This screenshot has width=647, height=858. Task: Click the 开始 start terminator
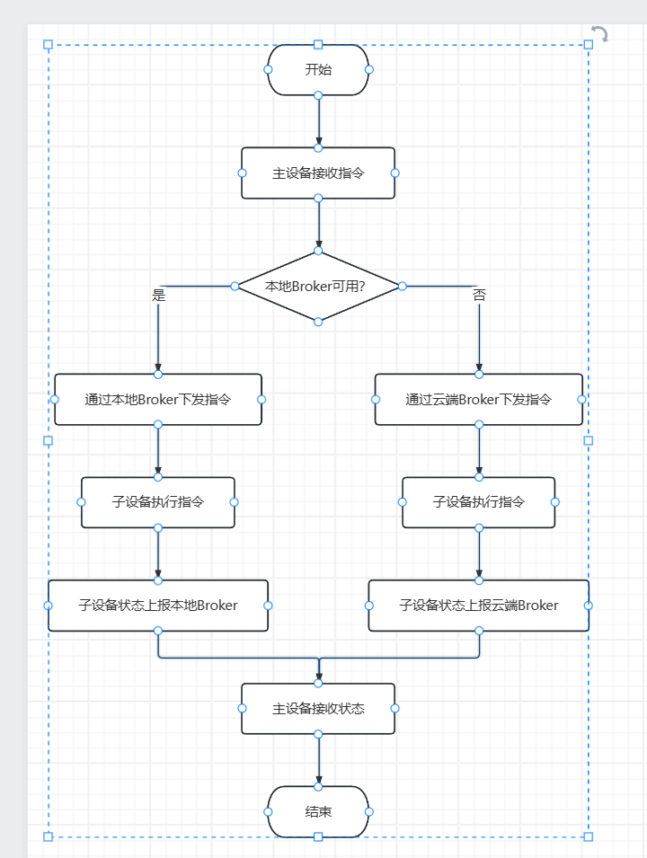[318, 69]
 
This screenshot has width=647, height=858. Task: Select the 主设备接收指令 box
[318, 173]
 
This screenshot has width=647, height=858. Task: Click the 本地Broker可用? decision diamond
[318, 287]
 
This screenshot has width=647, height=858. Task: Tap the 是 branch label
[159, 296]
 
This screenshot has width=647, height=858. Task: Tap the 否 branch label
[479, 296]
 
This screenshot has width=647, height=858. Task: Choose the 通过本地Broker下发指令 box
[158, 399]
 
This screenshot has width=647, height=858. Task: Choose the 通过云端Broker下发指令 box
[478, 399]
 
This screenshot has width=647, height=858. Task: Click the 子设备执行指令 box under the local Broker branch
[158, 502]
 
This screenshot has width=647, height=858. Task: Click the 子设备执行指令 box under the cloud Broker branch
[478, 502]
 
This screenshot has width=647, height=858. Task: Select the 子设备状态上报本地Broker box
[158, 606]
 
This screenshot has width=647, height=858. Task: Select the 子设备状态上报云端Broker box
[478, 606]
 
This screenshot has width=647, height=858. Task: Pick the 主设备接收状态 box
[318, 709]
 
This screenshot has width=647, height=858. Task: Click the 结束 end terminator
[318, 811]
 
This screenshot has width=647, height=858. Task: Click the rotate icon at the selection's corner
[599, 34]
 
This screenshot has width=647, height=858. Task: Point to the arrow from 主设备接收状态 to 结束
[318, 761]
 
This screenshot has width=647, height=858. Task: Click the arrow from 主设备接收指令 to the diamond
[318, 225]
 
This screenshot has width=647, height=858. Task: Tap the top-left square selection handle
[49, 44]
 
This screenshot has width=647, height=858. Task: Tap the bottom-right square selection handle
[589, 836]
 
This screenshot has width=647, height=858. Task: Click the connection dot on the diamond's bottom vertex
[318, 321]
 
